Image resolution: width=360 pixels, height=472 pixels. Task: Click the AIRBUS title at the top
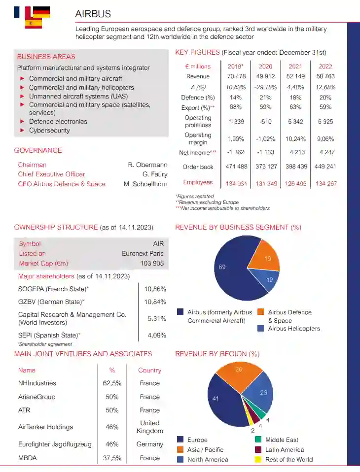(x=93, y=14)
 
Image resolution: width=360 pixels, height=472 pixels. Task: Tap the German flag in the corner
(x=41, y=12)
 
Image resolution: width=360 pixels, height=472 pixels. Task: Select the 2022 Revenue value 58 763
(x=325, y=76)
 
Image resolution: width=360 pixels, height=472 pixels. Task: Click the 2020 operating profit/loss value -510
(x=265, y=121)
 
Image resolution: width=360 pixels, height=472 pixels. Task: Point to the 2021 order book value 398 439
(x=296, y=167)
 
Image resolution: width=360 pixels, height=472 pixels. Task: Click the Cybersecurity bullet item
(x=49, y=131)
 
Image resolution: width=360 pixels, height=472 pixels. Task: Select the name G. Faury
(x=155, y=174)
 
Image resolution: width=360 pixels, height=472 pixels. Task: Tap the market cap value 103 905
(x=152, y=264)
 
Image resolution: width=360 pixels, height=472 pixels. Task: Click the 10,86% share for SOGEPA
(x=155, y=289)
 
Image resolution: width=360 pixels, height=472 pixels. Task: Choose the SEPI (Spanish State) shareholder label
(x=49, y=335)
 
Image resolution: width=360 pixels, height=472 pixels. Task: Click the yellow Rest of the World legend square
(x=258, y=460)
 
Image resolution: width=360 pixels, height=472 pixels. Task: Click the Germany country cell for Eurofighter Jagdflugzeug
(x=149, y=444)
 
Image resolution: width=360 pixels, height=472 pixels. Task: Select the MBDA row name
(x=28, y=458)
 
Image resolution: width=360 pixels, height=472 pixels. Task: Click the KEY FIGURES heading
(x=197, y=53)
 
